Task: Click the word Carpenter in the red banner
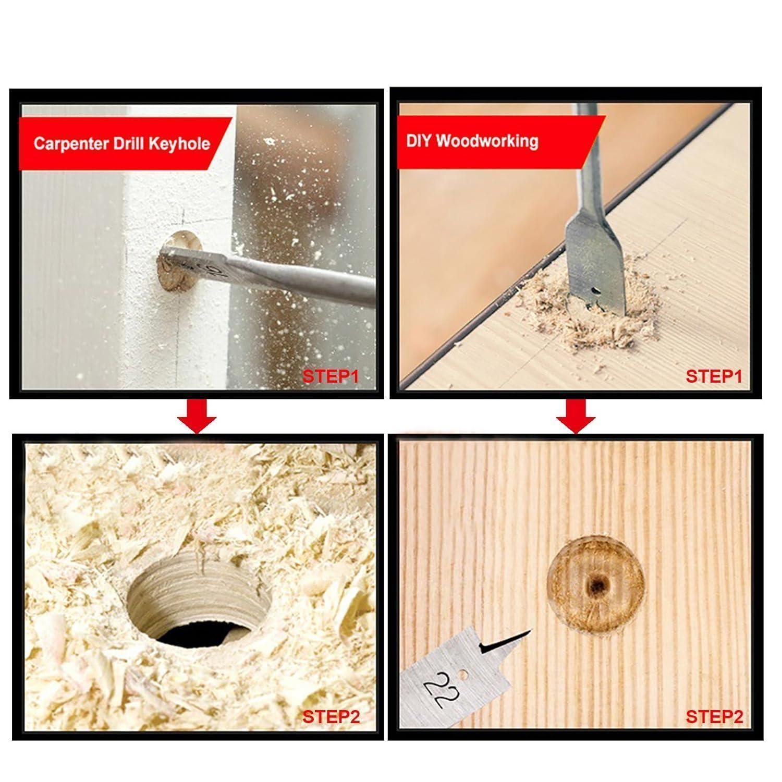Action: [71, 143]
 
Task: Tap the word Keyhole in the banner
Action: [180, 143]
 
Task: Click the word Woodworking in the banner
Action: [487, 141]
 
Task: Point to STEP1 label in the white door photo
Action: [331, 375]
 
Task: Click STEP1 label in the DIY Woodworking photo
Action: [714, 375]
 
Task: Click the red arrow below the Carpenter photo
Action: [197, 416]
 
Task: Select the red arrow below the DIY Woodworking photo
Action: [575, 416]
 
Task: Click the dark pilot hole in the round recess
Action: [596, 585]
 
